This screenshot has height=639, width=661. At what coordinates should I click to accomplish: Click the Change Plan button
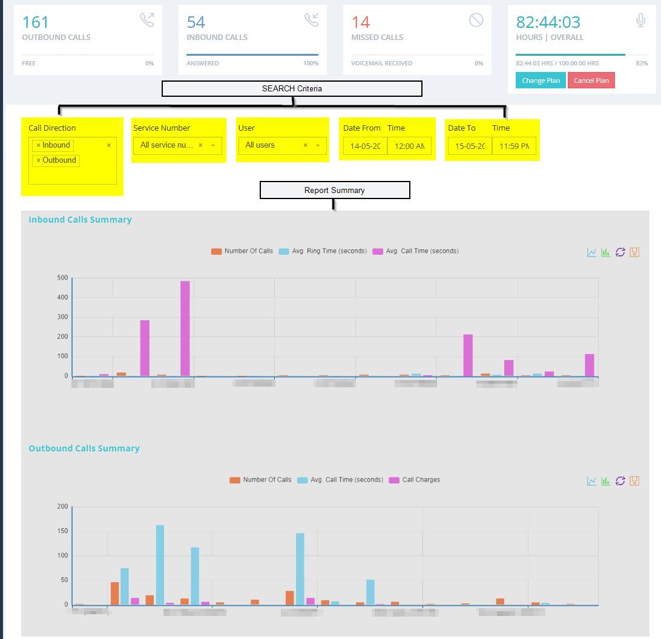click(x=541, y=80)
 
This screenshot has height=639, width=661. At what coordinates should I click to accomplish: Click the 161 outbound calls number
click(x=35, y=22)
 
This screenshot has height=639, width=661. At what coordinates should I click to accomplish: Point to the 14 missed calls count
click(x=360, y=22)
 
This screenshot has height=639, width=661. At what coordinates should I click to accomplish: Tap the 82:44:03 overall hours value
click(x=547, y=22)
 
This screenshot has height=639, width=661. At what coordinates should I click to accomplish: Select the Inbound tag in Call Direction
click(x=53, y=145)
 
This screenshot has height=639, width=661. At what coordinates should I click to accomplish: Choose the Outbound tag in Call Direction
click(x=56, y=160)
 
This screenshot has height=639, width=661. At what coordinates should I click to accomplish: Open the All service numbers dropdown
click(x=177, y=145)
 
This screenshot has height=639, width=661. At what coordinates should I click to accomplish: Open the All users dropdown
click(x=281, y=145)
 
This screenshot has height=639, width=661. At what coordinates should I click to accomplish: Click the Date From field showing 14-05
click(x=365, y=146)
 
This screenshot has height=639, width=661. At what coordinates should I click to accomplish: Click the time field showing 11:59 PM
click(x=514, y=146)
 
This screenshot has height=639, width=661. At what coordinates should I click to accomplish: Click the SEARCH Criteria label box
click(x=292, y=89)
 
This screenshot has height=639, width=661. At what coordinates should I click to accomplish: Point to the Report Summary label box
click(x=335, y=190)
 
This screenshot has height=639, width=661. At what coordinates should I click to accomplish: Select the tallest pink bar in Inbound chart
click(x=185, y=328)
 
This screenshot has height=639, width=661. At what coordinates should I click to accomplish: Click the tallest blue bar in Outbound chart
click(x=160, y=564)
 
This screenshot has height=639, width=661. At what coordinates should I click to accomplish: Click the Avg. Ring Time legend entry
click(x=323, y=251)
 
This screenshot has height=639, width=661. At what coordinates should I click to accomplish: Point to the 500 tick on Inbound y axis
click(x=62, y=278)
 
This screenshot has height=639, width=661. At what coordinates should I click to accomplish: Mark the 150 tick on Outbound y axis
click(x=62, y=531)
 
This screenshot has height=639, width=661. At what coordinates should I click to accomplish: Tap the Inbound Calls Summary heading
click(x=80, y=220)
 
